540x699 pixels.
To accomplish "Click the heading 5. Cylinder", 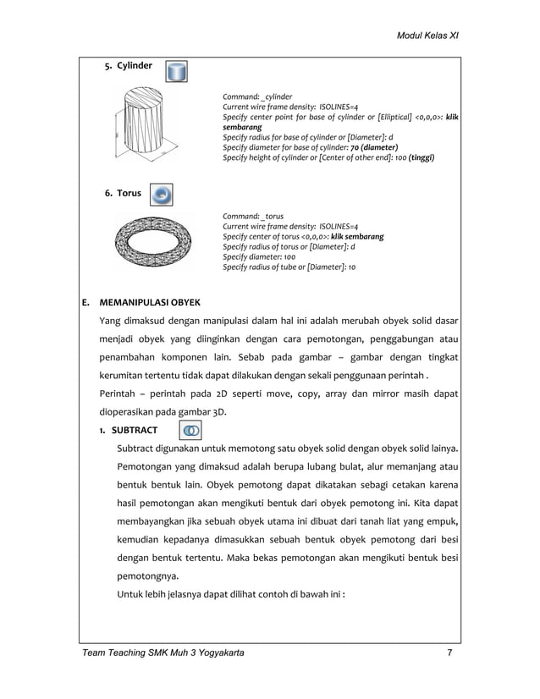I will (128, 66).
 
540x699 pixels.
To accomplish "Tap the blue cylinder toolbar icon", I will (176, 71).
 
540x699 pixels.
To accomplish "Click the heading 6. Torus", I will (123, 194).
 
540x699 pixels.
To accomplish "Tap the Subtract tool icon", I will (192, 431).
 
